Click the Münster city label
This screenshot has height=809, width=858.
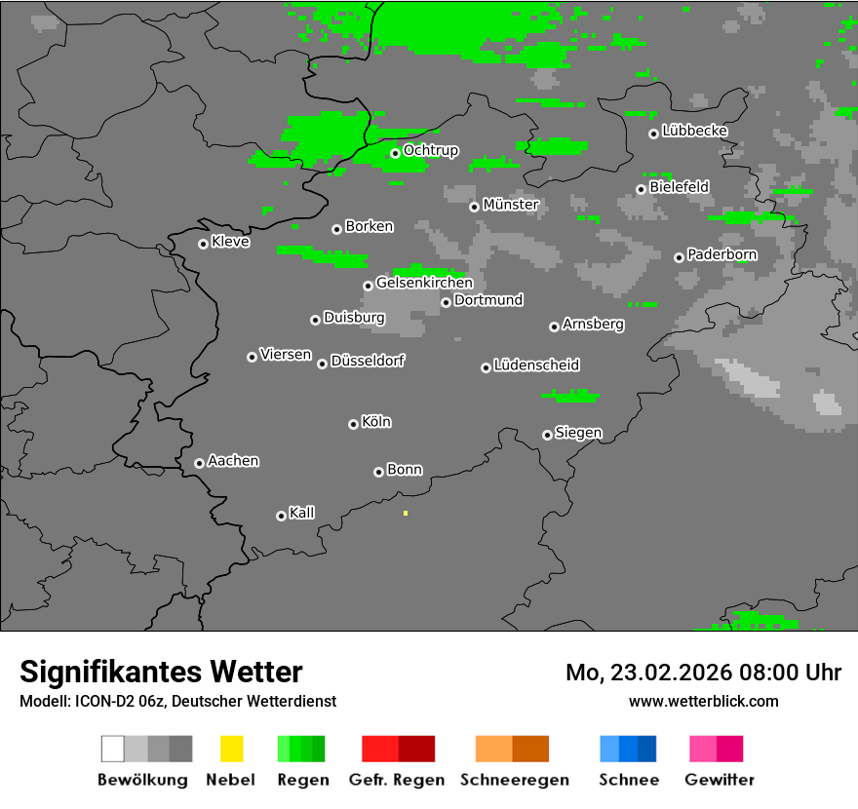(511, 205)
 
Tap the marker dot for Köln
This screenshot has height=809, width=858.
(353, 424)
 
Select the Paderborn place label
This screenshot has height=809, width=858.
(721, 254)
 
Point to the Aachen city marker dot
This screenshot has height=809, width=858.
(199, 463)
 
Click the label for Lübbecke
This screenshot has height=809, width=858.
(694, 131)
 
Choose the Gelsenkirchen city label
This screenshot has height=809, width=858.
(424, 283)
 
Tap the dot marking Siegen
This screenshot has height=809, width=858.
(547, 435)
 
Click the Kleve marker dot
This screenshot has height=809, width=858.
(203, 244)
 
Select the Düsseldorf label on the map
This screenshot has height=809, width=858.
(368, 361)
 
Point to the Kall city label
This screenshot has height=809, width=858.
(302, 513)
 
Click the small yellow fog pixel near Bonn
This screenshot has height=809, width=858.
(405, 513)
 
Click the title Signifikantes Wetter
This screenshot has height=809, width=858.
(161, 672)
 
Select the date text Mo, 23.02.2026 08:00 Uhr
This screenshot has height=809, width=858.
(703, 673)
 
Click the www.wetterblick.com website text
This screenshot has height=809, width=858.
(703, 701)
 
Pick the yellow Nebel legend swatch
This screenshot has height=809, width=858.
(231, 749)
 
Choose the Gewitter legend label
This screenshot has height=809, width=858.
(719, 780)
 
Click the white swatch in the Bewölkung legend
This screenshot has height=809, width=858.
(113, 749)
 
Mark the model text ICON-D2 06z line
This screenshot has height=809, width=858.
(177, 702)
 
